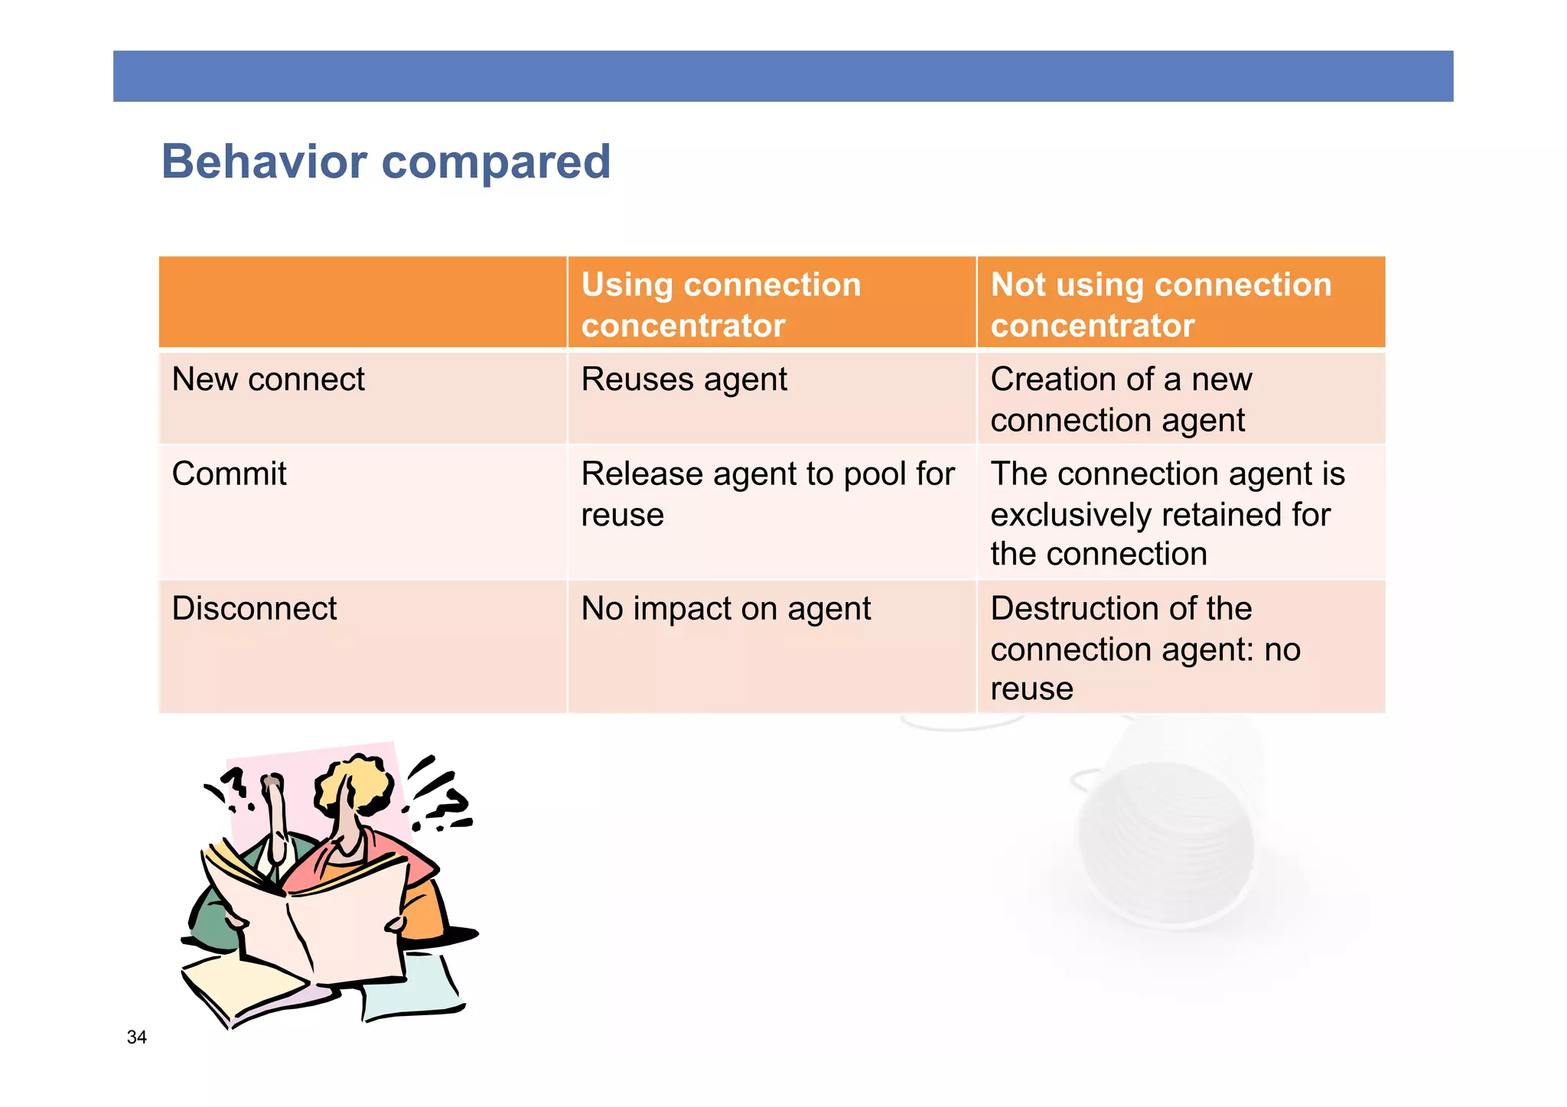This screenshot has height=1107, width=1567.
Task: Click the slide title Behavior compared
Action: (386, 162)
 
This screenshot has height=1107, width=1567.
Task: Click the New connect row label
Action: (269, 379)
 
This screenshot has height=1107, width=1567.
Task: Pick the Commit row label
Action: (229, 474)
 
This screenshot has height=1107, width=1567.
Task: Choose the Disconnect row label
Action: (254, 608)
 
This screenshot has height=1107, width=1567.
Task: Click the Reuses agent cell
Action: (684, 379)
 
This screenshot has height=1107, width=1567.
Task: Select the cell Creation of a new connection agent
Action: (1121, 399)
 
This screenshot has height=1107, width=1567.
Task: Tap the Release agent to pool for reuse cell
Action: (767, 493)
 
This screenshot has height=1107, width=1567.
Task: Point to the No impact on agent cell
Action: (725, 609)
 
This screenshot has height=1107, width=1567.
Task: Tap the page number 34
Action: (137, 1037)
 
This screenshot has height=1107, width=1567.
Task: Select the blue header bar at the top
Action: (783, 77)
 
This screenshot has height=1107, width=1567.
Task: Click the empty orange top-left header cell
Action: (362, 302)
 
